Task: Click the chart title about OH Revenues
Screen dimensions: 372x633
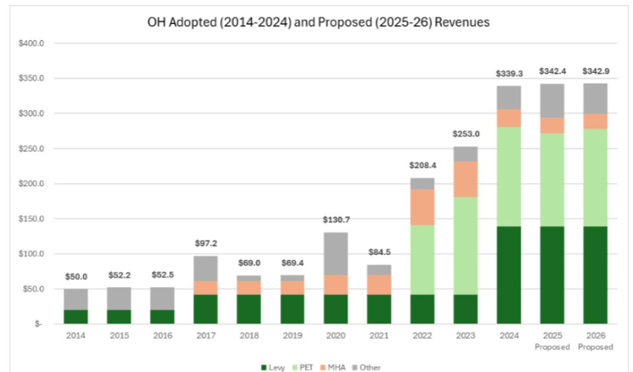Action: [317, 22]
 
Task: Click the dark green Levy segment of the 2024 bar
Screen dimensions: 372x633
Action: [509, 275]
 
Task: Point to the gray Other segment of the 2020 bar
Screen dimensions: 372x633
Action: [336, 254]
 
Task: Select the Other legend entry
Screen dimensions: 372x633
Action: [368, 367]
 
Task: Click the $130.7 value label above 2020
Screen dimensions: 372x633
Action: [336, 221]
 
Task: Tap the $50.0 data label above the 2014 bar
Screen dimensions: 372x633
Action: [76, 277]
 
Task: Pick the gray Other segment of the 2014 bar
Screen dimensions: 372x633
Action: [76, 300]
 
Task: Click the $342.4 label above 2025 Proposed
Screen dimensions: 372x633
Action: [552, 72]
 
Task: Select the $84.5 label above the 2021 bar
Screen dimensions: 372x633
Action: [378, 253]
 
